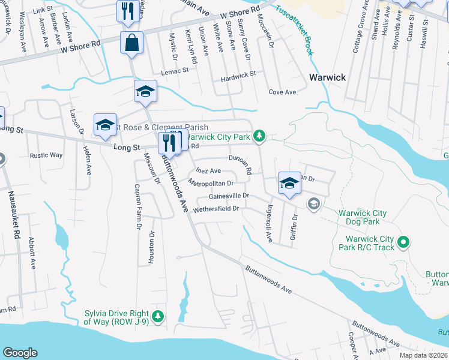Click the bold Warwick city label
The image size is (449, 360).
(x=327, y=77)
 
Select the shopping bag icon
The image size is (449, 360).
(x=131, y=43)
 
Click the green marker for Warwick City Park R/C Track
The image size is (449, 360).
(x=404, y=242)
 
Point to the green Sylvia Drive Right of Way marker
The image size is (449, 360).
(x=158, y=316)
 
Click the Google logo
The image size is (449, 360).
(x=20, y=353)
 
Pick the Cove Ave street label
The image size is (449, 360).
(x=282, y=92)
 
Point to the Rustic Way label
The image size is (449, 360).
(x=46, y=155)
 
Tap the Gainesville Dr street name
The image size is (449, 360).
(x=228, y=196)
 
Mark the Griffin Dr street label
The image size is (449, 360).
(x=294, y=228)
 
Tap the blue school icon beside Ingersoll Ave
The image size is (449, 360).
(x=289, y=184)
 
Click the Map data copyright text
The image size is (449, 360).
(x=423, y=355)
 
